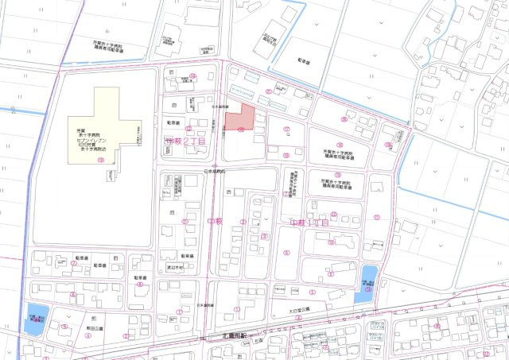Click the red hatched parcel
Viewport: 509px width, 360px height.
coord(240,118)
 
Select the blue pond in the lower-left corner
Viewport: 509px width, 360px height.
coord(37,316)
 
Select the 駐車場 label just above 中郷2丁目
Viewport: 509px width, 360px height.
coord(173,123)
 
